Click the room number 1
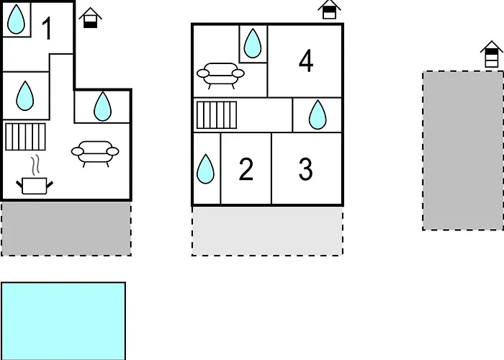47,28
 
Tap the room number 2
246,168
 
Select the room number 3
306,168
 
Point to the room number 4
306,60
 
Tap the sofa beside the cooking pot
95,153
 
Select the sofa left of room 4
220,76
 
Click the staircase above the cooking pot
25,137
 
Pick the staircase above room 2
217,114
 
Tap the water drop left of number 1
16,19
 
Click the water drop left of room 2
205,168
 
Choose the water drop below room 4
318,114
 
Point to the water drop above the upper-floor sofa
253,43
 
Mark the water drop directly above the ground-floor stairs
25,96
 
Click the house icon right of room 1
90,18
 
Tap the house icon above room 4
329,9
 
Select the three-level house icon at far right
492,54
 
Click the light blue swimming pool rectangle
63,321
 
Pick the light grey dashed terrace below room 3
267,231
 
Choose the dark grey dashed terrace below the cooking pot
66,228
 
